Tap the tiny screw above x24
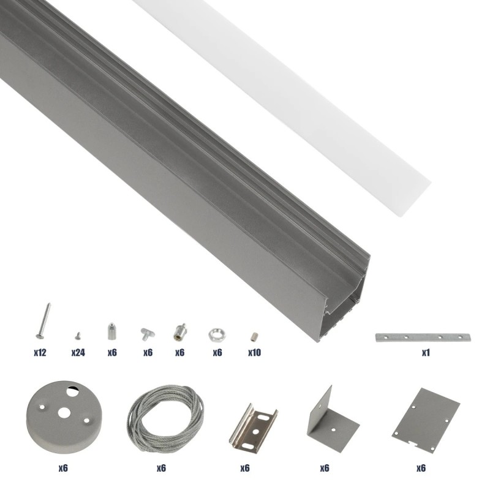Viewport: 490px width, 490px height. (x=78, y=335)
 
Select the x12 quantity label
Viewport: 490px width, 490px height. (x=41, y=353)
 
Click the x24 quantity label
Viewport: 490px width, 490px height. (x=78, y=353)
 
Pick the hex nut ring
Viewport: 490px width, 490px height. (x=216, y=334)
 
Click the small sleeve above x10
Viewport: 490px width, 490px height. (x=253, y=336)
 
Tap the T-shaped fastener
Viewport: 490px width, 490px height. (x=147, y=333)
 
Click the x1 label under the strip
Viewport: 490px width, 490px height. (x=426, y=353)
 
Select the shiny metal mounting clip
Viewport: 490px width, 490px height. (x=252, y=423)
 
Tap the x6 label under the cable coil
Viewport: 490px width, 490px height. (x=161, y=468)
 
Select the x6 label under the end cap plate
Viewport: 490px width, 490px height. (x=421, y=468)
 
